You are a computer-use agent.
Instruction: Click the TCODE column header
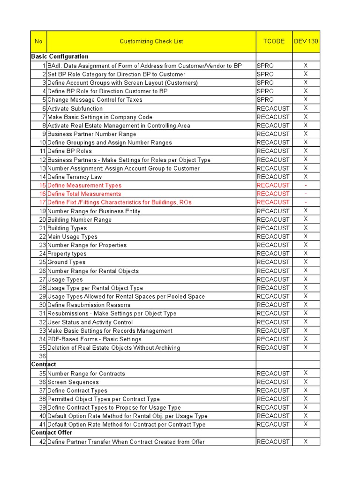pyautogui.click(x=274, y=41)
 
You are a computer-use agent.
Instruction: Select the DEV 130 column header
pyautogui.click(x=306, y=41)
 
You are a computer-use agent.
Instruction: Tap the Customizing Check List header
pyautogui.click(x=151, y=41)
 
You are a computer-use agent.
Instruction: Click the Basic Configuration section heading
pyautogui.click(x=60, y=57)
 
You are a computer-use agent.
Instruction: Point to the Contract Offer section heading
pyautogui.click(x=52, y=433)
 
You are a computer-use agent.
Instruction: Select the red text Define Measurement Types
pyautogui.click(x=84, y=186)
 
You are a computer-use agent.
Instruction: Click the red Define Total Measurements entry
pyautogui.click(x=84, y=194)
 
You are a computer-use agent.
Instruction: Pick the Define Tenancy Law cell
pyautogui.click(x=75, y=177)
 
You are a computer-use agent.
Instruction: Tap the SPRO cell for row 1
pyautogui.click(x=265, y=66)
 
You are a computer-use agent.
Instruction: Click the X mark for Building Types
pyautogui.click(x=306, y=228)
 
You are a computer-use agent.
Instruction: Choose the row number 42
pyautogui.click(x=42, y=442)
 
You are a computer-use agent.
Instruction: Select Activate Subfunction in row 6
pyautogui.click(x=75, y=109)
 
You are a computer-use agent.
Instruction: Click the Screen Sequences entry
pyautogui.click(x=73, y=382)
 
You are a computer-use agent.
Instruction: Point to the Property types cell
pyautogui.click(x=67, y=254)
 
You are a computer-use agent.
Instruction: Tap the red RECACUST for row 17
pyautogui.click(x=273, y=202)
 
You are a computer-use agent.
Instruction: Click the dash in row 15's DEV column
pyautogui.click(x=306, y=186)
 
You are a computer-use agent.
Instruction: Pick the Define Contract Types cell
pyautogui.click(x=77, y=390)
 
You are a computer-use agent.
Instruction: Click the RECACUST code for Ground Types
pyautogui.click(x=273, y=262)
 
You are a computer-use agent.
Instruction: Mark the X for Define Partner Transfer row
pyautogui.click(x=306, y=442)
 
